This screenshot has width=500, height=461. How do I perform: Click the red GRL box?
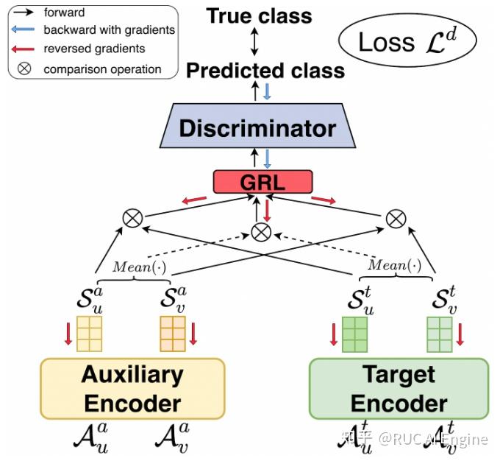coord(262,182)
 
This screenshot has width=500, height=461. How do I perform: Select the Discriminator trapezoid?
coord(257,125)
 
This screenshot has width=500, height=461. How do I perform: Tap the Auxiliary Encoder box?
coord(132,389)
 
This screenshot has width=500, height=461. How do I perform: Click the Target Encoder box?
coord(399,389)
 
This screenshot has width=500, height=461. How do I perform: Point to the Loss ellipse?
coord(407,41)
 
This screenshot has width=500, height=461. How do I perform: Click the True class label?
coord(259,16)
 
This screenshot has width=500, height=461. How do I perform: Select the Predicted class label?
coord(265,71)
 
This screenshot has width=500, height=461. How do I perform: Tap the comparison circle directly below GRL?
coord(261,232)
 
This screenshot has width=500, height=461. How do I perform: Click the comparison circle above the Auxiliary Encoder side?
coord(132,219)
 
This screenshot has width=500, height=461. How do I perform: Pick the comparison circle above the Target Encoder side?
coord(396,219)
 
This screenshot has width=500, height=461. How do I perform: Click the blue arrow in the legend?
coord(23,29)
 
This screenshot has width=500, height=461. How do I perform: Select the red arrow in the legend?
coord(23,49)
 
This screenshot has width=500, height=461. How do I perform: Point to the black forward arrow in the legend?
coord(23,12)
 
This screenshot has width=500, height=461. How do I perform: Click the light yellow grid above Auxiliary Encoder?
coord(89,334)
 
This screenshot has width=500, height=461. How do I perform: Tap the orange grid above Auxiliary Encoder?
coord(173,334)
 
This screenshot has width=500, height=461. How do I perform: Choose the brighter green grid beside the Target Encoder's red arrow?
coord(354,334)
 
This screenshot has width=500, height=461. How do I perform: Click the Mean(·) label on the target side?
coord(395,265)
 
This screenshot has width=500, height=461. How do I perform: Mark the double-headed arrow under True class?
coord(254,41)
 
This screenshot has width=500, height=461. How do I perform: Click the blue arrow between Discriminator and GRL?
coord(267,159)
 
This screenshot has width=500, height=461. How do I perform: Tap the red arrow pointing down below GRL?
coord(267,210)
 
